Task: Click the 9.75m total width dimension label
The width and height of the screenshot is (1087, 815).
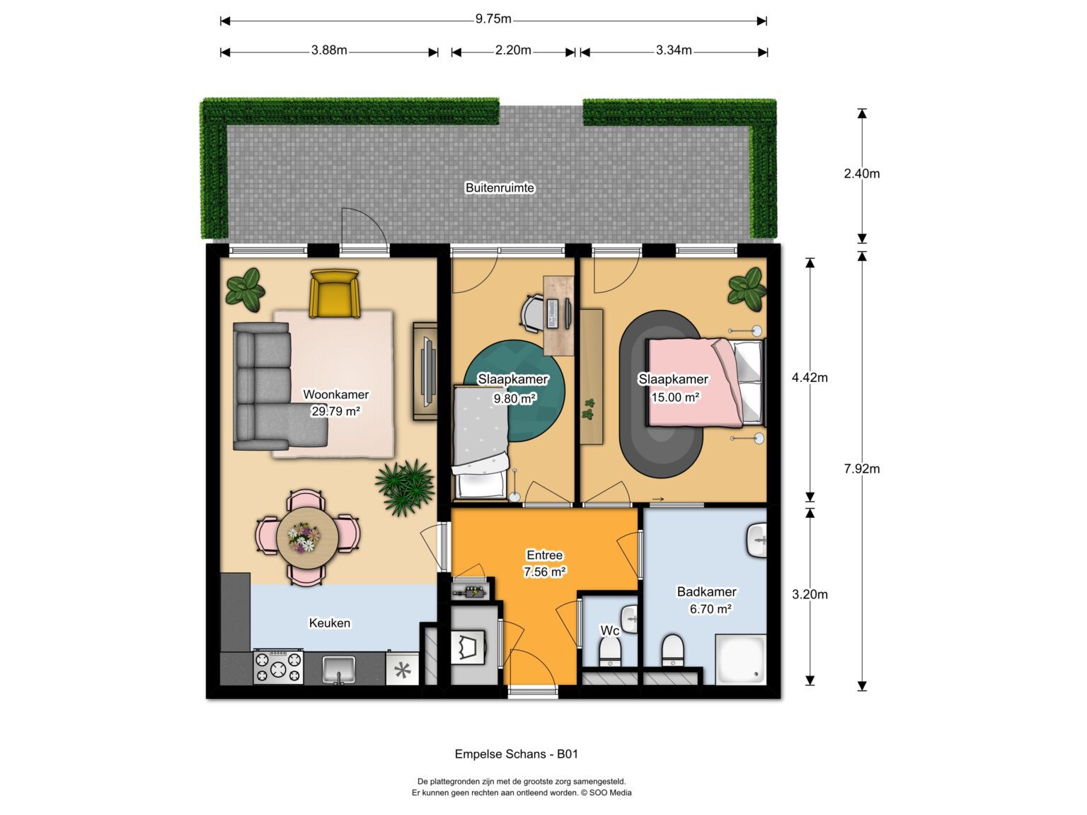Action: pyautogui.click(x=493, y=19)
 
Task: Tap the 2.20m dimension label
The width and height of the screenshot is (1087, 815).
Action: pyautogui.click(x=513, y=50)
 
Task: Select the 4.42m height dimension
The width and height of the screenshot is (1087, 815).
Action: pyautogui.click(x=809, y=378)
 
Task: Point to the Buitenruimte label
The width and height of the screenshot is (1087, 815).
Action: pyautogui.click(x=500, y=188)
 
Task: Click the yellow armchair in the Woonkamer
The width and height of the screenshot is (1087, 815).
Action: pyautogui.click(x=334, y=294)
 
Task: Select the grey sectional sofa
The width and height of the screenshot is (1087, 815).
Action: pyautogui.click(x=280, y=386)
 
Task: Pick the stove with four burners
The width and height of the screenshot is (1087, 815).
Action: pyautogui.click(x=278, y=666)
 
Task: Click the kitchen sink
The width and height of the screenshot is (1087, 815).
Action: pyautogui.click(x=339, y=669)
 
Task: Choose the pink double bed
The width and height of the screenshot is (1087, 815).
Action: pyautogui.click(x=705, y=382)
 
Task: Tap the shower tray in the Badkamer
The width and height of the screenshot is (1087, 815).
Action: pyautogui.click(x=740, y=659)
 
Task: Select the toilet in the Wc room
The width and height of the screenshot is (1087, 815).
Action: pyautogui.click(x=609, y=651)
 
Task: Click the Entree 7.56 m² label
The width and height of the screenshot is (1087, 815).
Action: pyautogui.click(x=545, y=563)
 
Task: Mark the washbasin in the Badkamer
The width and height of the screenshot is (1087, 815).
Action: pyautogui.click(x=757, y=541)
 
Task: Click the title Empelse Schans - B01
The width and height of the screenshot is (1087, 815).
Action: pyautogui.click(x=516, y=753)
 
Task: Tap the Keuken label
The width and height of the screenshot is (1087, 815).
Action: pyautogui.click(x=329, y=623)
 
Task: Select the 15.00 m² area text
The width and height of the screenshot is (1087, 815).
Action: pyautogui.click(x=675, y=398)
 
